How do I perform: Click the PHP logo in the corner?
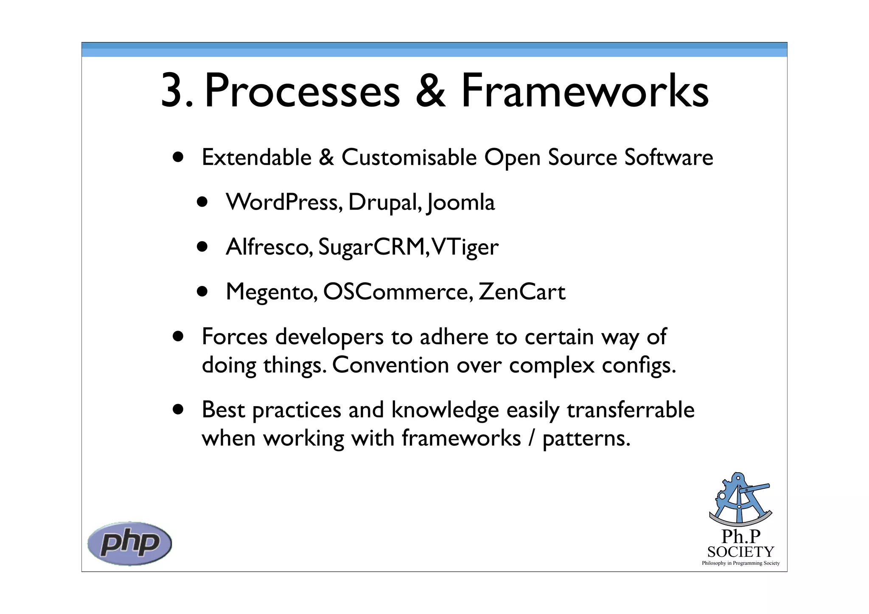coord(129,543)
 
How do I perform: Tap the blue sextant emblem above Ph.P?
coord(740,499)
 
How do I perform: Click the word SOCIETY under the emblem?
coord(740,552)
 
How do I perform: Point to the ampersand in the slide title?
coord(430,90)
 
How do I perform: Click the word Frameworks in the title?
coord(585,90)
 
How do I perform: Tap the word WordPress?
coord(284,202)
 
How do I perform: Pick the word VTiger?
coord(465,247)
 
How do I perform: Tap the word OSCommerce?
coord(398,292)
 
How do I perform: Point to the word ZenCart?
coord(522,292)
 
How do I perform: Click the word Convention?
coord(390,365)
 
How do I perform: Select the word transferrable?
coord(631,410)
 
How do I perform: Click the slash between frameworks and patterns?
coord(531,438)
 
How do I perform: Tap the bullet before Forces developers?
coord(178,336)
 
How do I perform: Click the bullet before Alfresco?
coord(202,247)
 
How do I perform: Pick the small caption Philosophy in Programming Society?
coord(740,563)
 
